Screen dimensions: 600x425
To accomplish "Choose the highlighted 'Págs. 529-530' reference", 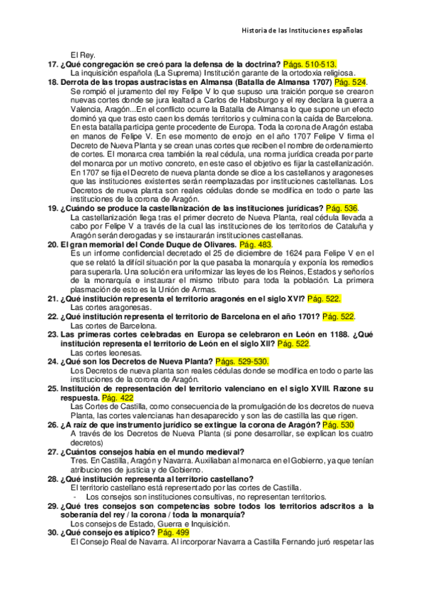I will (243, 362).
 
